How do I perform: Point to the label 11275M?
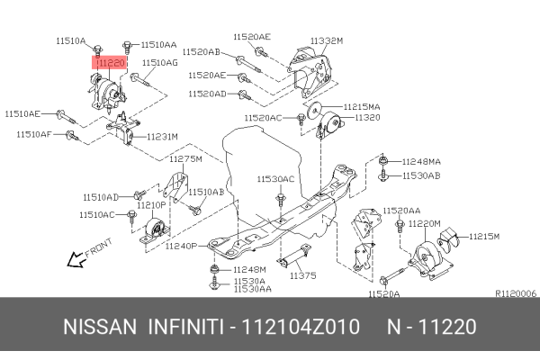(x=185, y=158)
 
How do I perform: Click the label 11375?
(x=303, y=275)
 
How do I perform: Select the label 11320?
(x=367, y=117)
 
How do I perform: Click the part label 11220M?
(x=423, y=222)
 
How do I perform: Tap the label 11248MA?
(x=421, y=162)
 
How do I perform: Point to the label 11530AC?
(x=274, y=179)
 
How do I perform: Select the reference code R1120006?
(x=516, y=292)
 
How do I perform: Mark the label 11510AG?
(x=159, y=63)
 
